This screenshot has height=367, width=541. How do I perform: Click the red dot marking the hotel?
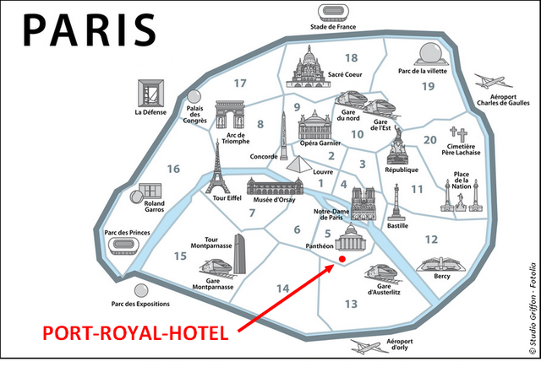click(342, 259)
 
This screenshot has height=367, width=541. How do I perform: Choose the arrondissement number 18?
click(351, 58)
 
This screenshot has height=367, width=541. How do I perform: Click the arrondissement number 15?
click(179, 256)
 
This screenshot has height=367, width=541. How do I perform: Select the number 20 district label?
click(429, 140)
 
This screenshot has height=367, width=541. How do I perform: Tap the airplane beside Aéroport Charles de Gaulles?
click(495, 82)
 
